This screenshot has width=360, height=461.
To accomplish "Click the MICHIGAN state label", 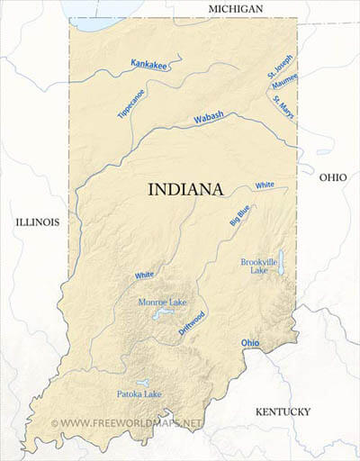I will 235,8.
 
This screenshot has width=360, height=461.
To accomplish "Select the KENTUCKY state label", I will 283,411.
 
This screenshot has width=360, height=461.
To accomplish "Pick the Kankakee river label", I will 149,64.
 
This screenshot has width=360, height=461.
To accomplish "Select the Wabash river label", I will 209,118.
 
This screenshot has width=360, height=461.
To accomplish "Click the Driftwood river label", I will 187,323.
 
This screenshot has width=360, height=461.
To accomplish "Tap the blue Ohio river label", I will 250,343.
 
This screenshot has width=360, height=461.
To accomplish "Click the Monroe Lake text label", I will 163,302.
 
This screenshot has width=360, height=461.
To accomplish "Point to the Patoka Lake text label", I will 139,393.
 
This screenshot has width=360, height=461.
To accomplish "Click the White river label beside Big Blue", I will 264,185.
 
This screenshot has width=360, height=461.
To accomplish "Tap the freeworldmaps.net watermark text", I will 131,421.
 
